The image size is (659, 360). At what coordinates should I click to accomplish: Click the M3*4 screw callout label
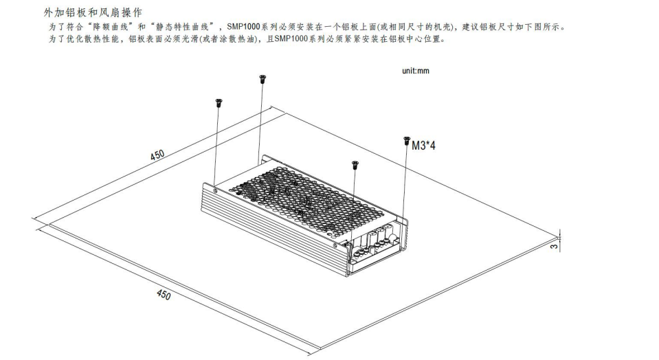coord(423,146)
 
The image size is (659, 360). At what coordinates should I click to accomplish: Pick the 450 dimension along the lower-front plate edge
coord(162,295)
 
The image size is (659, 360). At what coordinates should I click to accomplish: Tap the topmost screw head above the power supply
coord(262,79)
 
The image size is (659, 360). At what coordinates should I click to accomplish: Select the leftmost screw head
coord(218,102)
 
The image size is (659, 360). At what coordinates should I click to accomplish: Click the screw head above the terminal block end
coord(355,164)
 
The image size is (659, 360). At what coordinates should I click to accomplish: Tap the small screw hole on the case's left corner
coord(215,190)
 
